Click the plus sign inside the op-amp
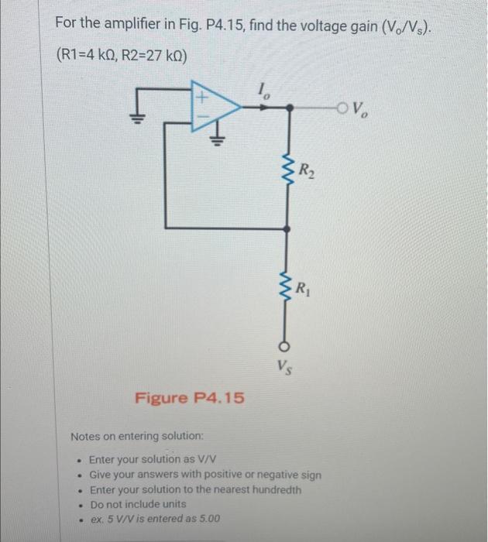pos(203,98)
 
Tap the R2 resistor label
pos(307,166)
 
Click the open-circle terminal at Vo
pos(343,108)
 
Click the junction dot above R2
pos(288,108)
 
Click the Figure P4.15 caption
pos(190,398)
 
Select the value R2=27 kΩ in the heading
pos(152,58)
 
